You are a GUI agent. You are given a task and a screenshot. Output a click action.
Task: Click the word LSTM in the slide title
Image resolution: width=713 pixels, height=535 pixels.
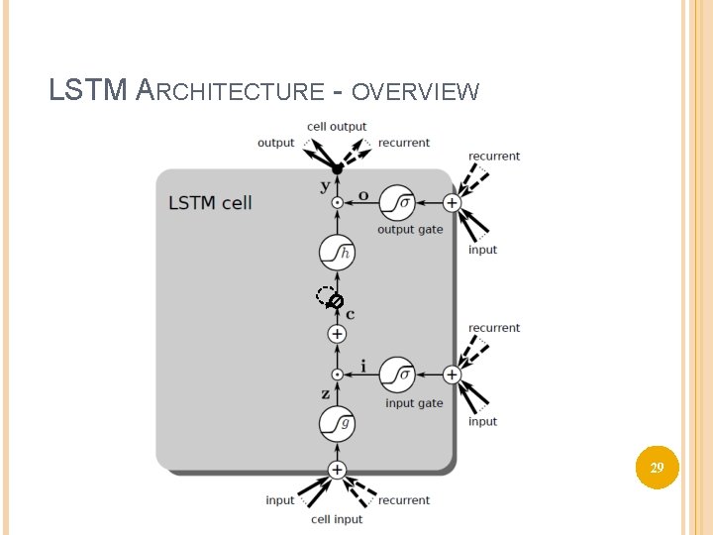click(x=87, y=91)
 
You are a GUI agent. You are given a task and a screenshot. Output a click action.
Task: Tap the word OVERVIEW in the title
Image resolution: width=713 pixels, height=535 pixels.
click(x=415, y=93)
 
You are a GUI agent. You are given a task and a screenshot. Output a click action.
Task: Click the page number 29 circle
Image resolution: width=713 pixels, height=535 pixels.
click(x=657, y=466)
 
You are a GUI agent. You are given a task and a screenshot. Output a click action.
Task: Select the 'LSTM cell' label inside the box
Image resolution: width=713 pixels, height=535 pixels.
click(x=210, y=203)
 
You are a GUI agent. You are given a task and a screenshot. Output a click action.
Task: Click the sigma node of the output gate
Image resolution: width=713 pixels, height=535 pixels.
click(x=397, y=203)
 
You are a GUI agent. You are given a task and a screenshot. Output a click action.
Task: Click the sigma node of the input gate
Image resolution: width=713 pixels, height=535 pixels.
click(x=397, y=375)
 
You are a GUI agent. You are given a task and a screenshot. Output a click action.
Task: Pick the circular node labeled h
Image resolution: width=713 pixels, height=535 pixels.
click(x=337, y=253)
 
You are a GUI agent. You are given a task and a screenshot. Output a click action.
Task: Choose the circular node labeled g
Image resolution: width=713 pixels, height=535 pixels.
click(x=337, y=424)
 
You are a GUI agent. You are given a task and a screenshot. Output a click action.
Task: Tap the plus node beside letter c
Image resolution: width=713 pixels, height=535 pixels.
click(x=337, y=335)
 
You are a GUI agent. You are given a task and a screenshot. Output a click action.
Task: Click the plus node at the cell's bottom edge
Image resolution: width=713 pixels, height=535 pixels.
click(x=337, y=470)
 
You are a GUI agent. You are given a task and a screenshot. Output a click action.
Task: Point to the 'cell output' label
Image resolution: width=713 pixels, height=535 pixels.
click(x=337, y=127)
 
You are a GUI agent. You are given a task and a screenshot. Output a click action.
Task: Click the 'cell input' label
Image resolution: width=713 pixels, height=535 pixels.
click(x=337, y=519)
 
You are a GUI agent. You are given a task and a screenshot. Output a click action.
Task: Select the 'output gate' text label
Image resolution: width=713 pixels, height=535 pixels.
click(x=410, y=230)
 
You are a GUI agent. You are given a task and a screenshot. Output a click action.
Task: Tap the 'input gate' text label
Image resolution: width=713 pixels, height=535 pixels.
click(x=414, y=403)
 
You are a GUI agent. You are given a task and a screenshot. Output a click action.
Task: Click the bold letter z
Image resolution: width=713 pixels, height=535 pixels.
click(x=324, y=393)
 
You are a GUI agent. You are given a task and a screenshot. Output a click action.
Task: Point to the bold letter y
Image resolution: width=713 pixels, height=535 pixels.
click(x=324, y=186)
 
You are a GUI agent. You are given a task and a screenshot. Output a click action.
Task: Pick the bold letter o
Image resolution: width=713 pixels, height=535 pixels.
click(x=363, y=195)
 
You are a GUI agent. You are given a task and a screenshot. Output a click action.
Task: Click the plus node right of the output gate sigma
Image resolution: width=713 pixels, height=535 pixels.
click(x=452, y=203)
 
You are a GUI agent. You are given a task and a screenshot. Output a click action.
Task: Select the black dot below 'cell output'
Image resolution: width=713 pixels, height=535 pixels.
click(x=337, y=169)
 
